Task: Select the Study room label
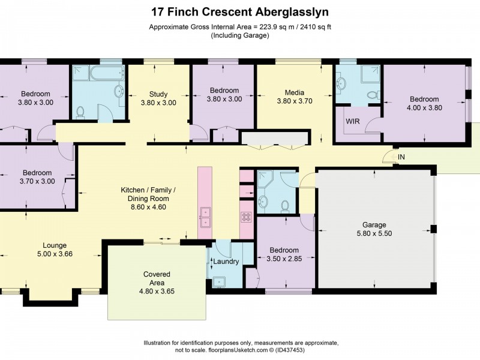pos(158,94)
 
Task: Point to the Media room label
pos(295,92)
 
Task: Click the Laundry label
pos(226,262)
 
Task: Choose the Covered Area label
pos(157,274)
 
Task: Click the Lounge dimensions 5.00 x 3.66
pos(55,254)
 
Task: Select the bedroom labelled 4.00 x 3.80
pos(425,103)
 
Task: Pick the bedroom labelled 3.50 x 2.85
pos(284,254)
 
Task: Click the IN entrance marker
pos(401,157)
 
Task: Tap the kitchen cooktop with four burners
pos(246,217)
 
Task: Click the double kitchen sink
pos(206,217)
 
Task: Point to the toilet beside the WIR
pos(373,95)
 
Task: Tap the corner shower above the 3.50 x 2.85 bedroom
pos(265,179)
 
